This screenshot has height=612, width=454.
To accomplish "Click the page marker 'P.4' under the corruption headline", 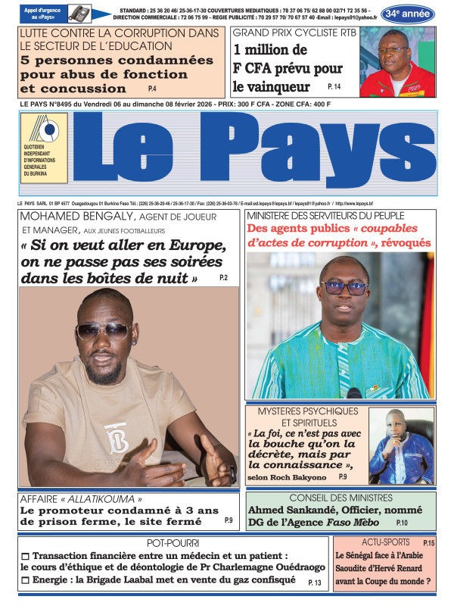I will [x=152, y=89].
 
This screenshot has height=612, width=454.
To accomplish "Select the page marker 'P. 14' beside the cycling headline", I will [x=334, y=87].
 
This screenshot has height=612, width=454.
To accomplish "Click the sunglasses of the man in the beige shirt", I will [x=102, y=331].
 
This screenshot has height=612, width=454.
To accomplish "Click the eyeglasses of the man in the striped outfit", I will [x=344, y=288].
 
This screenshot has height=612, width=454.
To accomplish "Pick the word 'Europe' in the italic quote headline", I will [x=193, y=247].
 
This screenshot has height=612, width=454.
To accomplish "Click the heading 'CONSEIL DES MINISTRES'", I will [x=341, y=498].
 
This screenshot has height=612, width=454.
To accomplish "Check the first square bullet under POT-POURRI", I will [x=25, y=556].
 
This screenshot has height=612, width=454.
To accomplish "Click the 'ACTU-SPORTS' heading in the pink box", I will [x=385, y=542].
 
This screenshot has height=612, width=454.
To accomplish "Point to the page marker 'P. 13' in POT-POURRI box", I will [x=315, y=582].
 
